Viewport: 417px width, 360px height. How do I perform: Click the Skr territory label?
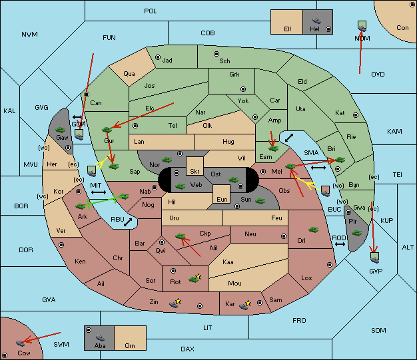pyautogui.click(x=195, y=172)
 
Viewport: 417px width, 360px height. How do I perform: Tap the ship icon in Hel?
pyautogui.click(x=316, y=21)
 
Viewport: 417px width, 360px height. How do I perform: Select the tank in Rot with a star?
pyautogui.click(x=194, y=279)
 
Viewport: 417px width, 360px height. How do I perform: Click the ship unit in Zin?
pyautogui.click(x=174, y=304)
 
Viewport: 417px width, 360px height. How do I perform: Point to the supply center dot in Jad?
pyautogui.click(x=158, y=57)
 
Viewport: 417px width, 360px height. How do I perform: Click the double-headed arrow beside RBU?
pyautogui.click(x=128, y=222)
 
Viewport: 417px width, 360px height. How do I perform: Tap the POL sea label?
pyautogui.click(x=151, y=11)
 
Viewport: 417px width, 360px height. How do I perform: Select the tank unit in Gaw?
pyautogui.click(x=60, y=130)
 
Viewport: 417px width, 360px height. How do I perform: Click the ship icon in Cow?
pyautogui.click(x=20, y=343)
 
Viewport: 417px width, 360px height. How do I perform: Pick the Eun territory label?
pyautogui.click(x=222, y=199)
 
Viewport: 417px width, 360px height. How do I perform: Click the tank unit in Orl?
pyautogui.click(x=313, y=230)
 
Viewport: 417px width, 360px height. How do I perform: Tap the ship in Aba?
pyautogui.click(x=100, y=337)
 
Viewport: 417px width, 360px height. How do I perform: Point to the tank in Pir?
pyautogui.click(x=356, y=233)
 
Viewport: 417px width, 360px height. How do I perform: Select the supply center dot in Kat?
pyautogui.click(x=356, y=115)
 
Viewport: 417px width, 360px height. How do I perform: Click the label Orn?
pyautogui.click(x=130, y=345)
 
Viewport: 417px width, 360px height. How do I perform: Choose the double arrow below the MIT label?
pyautogui.click(x=99, y=192)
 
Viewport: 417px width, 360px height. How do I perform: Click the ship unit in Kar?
pyautogui.click(x=243, y=306)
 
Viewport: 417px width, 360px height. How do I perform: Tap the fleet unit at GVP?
pyautogui.click(x=375, y=258)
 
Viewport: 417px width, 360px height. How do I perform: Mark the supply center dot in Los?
pyautogui.click(x=330, y=265)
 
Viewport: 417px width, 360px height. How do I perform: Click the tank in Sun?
pyautogui.click(x=260, y=201)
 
